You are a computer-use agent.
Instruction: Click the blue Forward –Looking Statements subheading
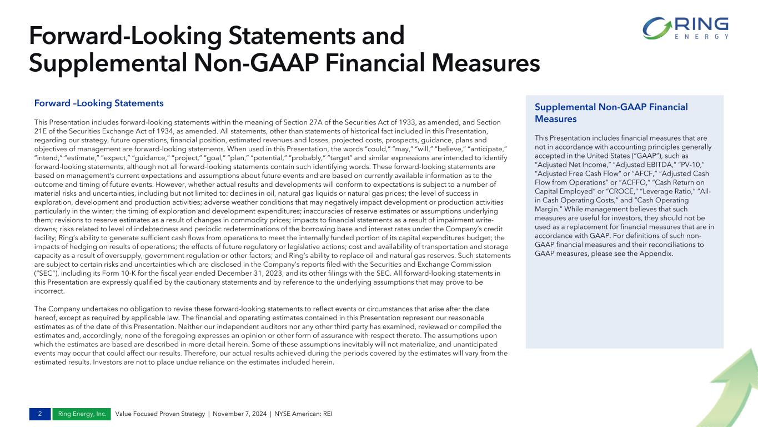[99, 103]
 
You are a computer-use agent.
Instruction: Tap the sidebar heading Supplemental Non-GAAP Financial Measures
[611, 113]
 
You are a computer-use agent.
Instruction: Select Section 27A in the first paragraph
[315, 122]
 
